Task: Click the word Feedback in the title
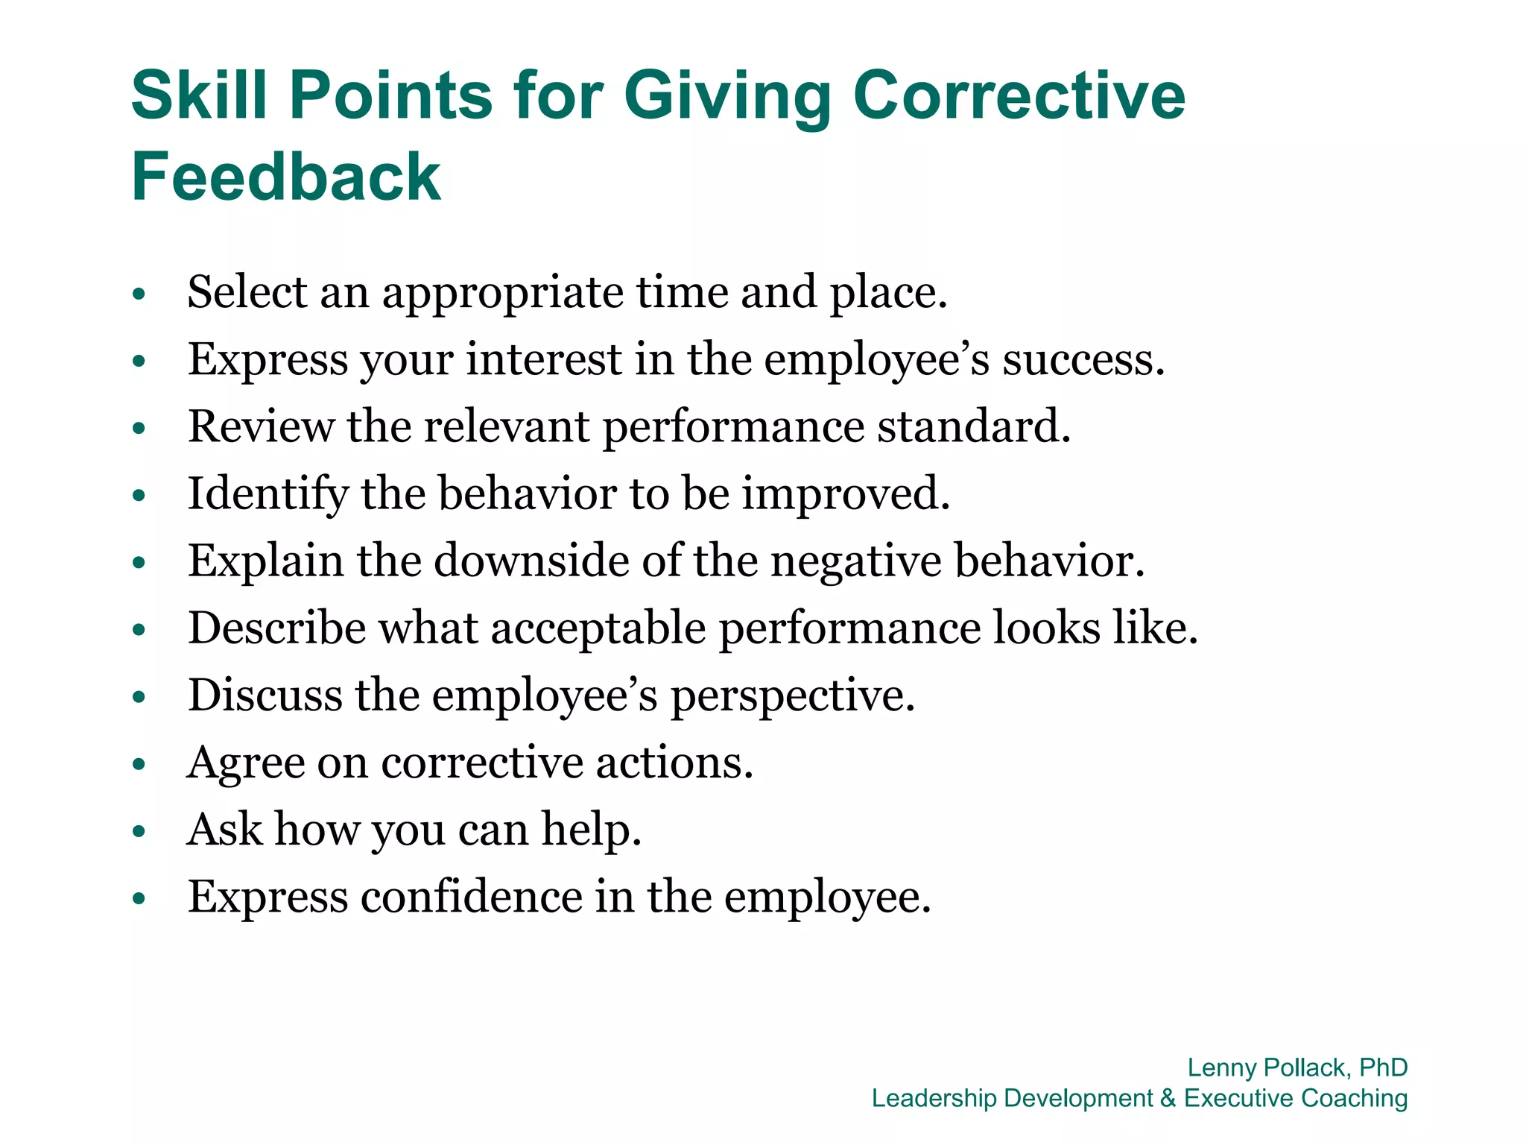pyautogui.click(x=286, y=177)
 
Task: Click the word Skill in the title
pyautogui.click(x=199, y=95)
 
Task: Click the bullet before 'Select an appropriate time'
pyautogui.click(x=139, y=294)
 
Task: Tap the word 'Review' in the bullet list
pyautogui.click(x=261, y=426)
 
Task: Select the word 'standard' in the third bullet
pyautogui.click(x=969, y=426)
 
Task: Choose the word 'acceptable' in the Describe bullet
pyautogui.click(x=598, y=629)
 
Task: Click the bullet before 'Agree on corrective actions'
pyautogui.click(x=139, y=765)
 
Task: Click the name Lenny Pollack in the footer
pyautogui.click(x=1267, y=1067)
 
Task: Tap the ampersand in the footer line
pyautogui.click(x=1168, y=1098)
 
